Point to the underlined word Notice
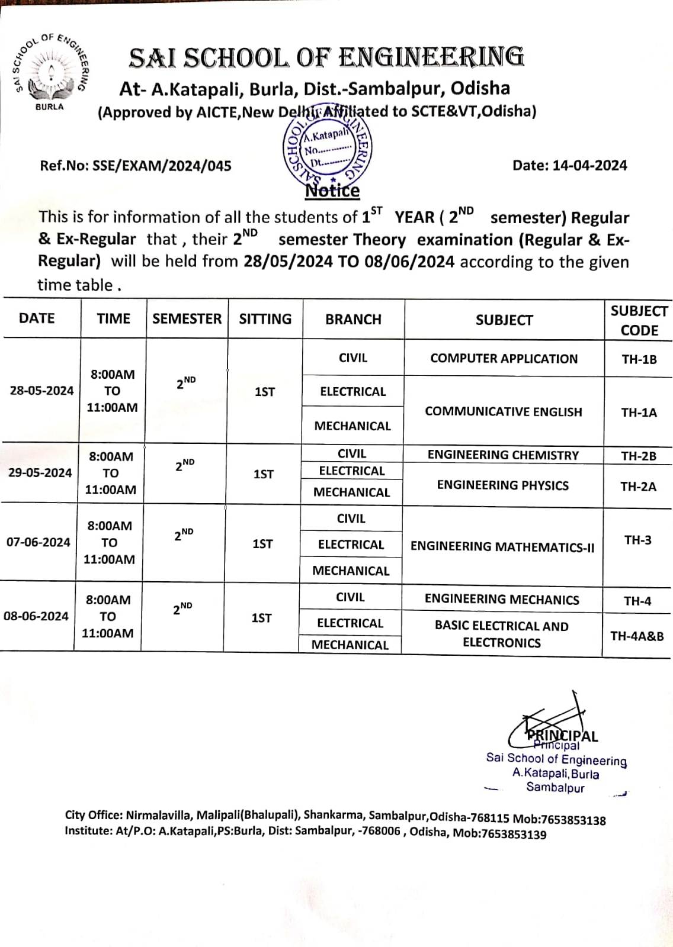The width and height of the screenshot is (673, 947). [332, 191]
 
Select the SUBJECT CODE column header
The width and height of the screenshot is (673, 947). [639, 320]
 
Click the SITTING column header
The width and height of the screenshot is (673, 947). [265, 319]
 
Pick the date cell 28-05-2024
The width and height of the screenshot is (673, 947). [41, 391]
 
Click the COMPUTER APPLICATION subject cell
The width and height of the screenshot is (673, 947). [504, 359]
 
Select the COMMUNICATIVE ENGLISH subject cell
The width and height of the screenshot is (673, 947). [504, 412]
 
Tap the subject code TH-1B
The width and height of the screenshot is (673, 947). [639, 359]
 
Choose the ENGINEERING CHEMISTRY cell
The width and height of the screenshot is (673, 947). [503, 455]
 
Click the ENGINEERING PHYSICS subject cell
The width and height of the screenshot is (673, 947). [502, 485]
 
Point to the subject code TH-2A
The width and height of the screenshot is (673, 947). [638, 487]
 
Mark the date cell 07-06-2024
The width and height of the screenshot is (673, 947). [39, 542]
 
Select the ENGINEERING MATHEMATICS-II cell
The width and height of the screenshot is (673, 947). [502, 547]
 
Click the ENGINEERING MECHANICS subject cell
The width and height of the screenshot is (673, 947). [502, 600]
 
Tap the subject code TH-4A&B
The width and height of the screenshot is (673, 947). [637, 636]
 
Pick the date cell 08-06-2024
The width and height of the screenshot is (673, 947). [36, 616]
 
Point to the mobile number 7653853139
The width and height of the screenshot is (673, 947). [514, 835]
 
